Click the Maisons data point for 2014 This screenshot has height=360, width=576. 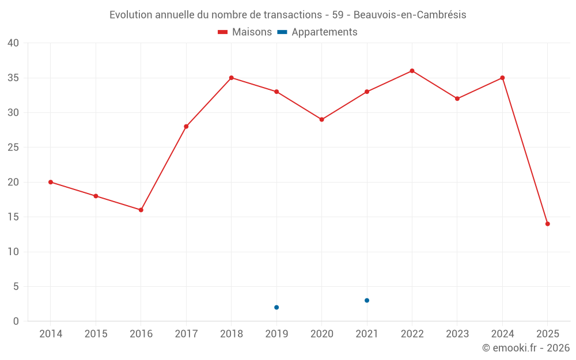coord(51,182)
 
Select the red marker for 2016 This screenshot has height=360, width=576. coord(141,210)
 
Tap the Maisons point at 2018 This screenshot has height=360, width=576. coord(231,78)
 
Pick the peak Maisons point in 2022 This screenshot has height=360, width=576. coord(412,71)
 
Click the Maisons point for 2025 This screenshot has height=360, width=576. coord(547,224)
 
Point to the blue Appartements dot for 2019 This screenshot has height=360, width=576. coord(276,308)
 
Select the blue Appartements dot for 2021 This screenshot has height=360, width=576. coord(367,301)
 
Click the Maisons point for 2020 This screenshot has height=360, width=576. coord(321,120)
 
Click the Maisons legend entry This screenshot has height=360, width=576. coord(245,32)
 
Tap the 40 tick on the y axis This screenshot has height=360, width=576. coord(13,43)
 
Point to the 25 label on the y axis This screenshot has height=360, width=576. coord(13,147)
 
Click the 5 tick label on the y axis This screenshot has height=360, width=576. coord(16,287)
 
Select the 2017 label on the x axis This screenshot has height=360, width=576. coord(186,334)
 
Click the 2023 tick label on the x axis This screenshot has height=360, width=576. coord(457,334)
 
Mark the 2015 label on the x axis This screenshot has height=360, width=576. coord(96,334)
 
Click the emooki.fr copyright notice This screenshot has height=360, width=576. coord(525,348)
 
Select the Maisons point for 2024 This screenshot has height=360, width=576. coord(502,78)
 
